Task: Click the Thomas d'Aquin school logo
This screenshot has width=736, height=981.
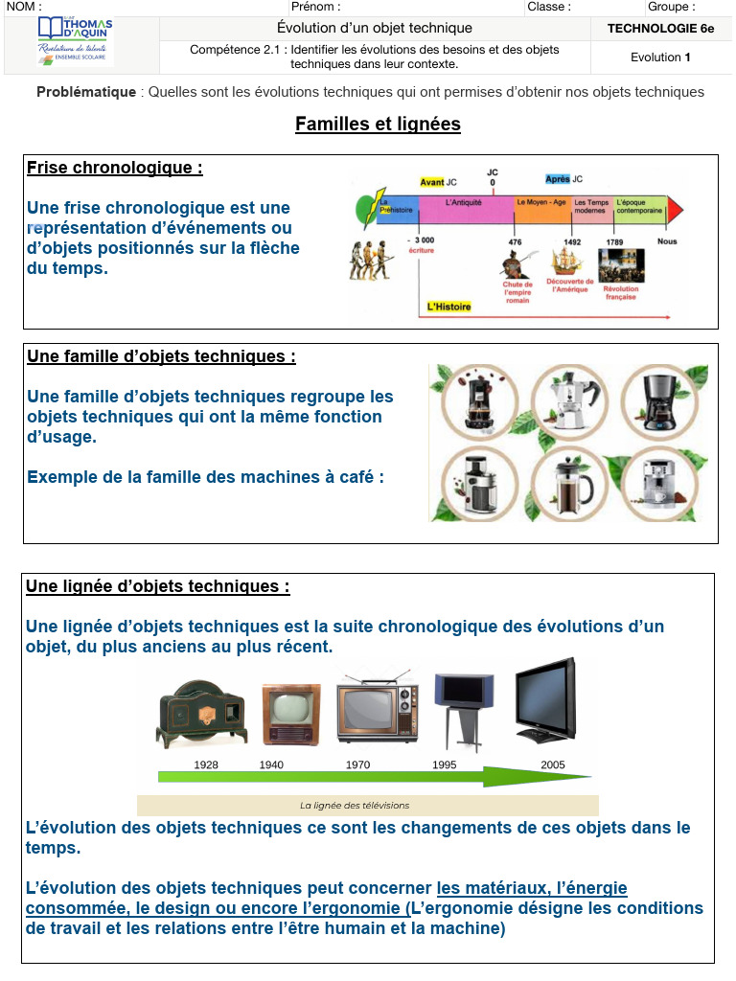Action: click(75, 42)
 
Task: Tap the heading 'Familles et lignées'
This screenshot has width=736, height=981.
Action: click(378, 124)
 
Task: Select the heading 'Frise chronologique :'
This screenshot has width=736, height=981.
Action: click(115, 169)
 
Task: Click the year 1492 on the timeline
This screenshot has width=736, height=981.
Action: click(572, 241)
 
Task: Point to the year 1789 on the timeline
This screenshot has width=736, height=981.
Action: click(614, 241)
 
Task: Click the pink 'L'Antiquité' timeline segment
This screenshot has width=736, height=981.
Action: click(464, 208)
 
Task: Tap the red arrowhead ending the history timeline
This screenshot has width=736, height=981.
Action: click(676, 209)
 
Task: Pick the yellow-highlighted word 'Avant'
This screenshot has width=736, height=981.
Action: click(432, 182)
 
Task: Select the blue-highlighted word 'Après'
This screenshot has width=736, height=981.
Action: click(557, 179)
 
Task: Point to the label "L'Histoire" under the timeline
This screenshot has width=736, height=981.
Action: click(448, 308)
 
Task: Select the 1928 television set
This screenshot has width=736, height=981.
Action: click(201, 715)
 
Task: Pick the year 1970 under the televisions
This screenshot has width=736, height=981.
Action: click(357, 764)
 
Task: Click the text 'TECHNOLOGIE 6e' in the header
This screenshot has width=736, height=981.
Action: click(660, 29)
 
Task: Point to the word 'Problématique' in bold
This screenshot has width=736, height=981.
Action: click(86, 92)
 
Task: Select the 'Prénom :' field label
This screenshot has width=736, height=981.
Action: click(315, 7)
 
